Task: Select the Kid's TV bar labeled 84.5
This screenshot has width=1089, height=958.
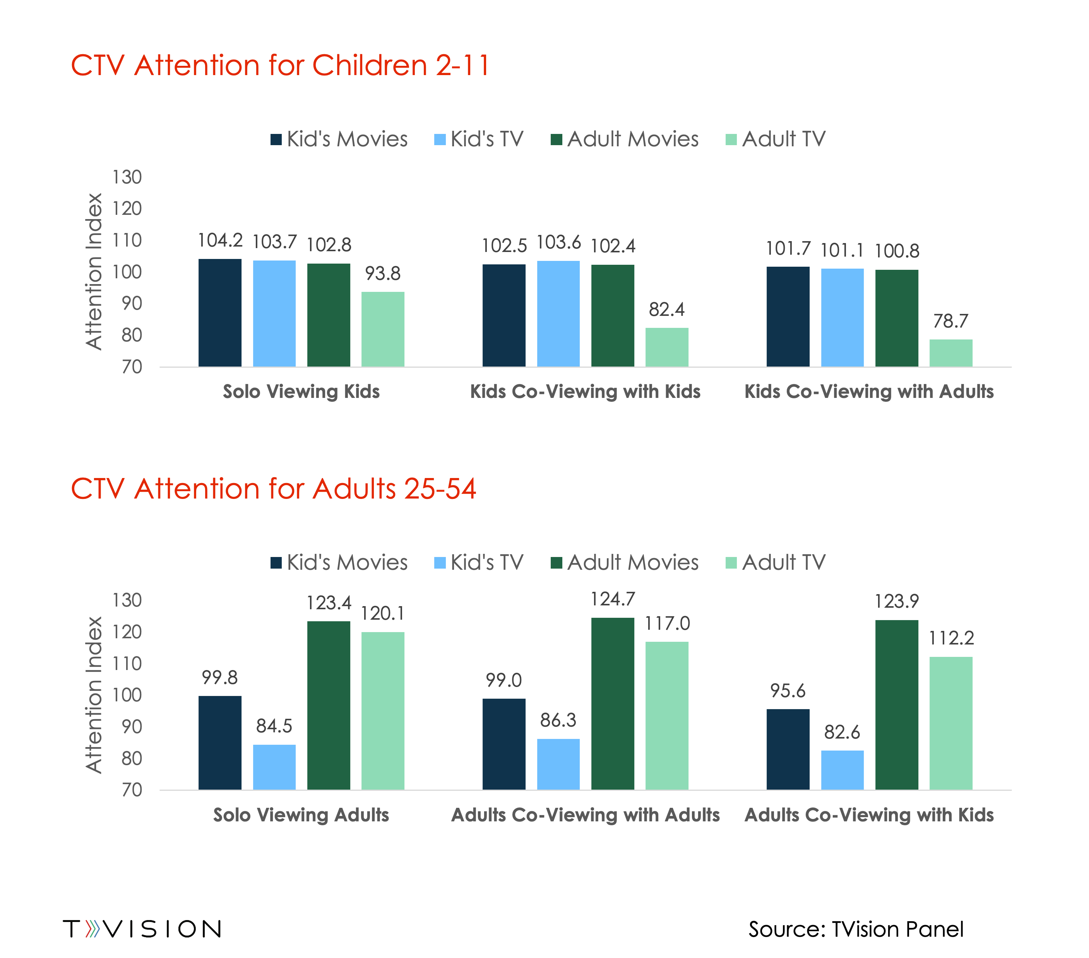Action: (274, 767)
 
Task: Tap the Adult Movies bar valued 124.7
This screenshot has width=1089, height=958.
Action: (613, 703)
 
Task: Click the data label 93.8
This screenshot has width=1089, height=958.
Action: (382, 274)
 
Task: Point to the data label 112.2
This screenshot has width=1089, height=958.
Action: (951, 638)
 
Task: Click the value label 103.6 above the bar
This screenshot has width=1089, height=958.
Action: (558, 243)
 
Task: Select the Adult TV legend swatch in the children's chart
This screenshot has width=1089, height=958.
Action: (731, 140)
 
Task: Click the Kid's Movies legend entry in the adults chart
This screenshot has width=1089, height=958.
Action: (339, 563)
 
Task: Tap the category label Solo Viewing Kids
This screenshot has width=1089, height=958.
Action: (301, 392)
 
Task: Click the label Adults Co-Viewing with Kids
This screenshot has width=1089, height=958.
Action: (869, 815)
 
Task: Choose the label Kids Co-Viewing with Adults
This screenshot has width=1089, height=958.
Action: (869, 392)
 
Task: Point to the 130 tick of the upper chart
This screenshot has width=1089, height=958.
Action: (127, 177)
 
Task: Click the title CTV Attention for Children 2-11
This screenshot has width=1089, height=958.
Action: (280, 65)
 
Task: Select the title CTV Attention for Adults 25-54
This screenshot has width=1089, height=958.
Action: (273, 488)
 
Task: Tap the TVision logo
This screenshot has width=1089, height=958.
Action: (142, 929)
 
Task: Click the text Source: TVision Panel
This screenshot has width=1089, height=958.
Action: (856, 929)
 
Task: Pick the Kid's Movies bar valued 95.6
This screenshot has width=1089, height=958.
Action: (788, 749)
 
